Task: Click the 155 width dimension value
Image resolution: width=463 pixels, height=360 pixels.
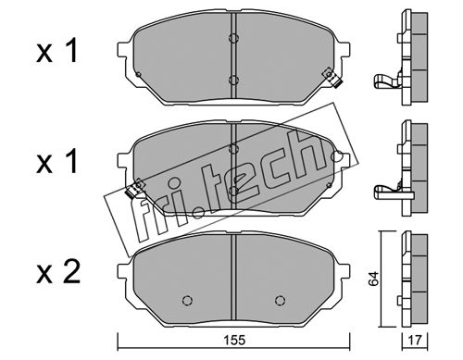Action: tap(234, 340)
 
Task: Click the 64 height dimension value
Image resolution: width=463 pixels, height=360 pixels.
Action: tap(373, 279)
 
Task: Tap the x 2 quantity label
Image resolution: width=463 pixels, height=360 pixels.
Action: tap(58, 272)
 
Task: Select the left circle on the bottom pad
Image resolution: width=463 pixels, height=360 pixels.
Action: tap(187, 300)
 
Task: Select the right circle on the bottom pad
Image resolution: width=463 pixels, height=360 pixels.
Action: tap(280, 300)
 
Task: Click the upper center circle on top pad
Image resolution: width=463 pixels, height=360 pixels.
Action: tap(233, 38)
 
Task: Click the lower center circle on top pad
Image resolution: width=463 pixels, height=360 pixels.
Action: tap(233, 81)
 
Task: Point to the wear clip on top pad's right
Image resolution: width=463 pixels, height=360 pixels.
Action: tap(332, 78)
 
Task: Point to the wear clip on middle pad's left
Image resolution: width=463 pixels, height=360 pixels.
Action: tap(134, 189)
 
